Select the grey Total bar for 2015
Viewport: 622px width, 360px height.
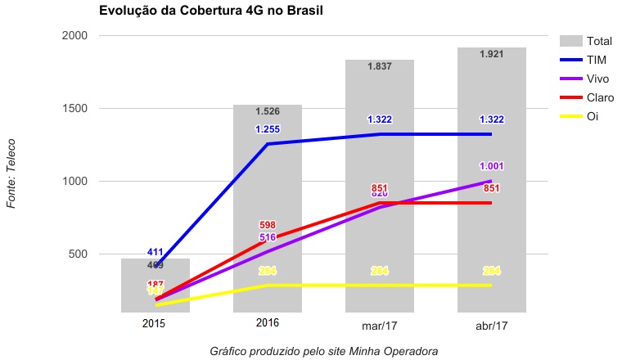(x=155, y=286)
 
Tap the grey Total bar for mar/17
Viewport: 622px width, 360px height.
(x=380, y=164)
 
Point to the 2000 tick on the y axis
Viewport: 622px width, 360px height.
(x=74, y=36)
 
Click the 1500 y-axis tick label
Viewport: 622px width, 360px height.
(x=74, y=109)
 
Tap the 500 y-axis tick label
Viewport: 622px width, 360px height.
(x=78, y=254)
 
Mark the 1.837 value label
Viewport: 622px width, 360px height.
(x=380, y=66)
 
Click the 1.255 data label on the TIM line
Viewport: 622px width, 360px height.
(x=268, y=129)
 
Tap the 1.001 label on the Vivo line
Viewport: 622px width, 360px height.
(x=491, y=166)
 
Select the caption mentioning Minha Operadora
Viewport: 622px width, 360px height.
(x=323, y=350)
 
